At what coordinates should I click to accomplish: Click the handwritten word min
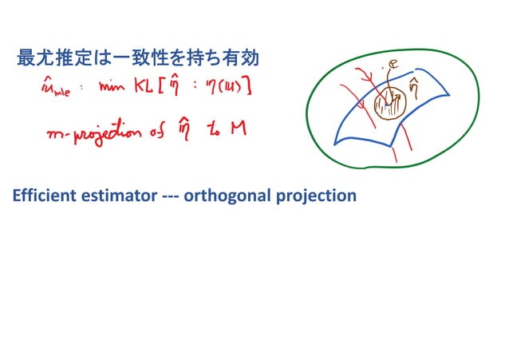click(114, 88)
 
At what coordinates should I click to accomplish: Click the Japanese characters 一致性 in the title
click(137, 57)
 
